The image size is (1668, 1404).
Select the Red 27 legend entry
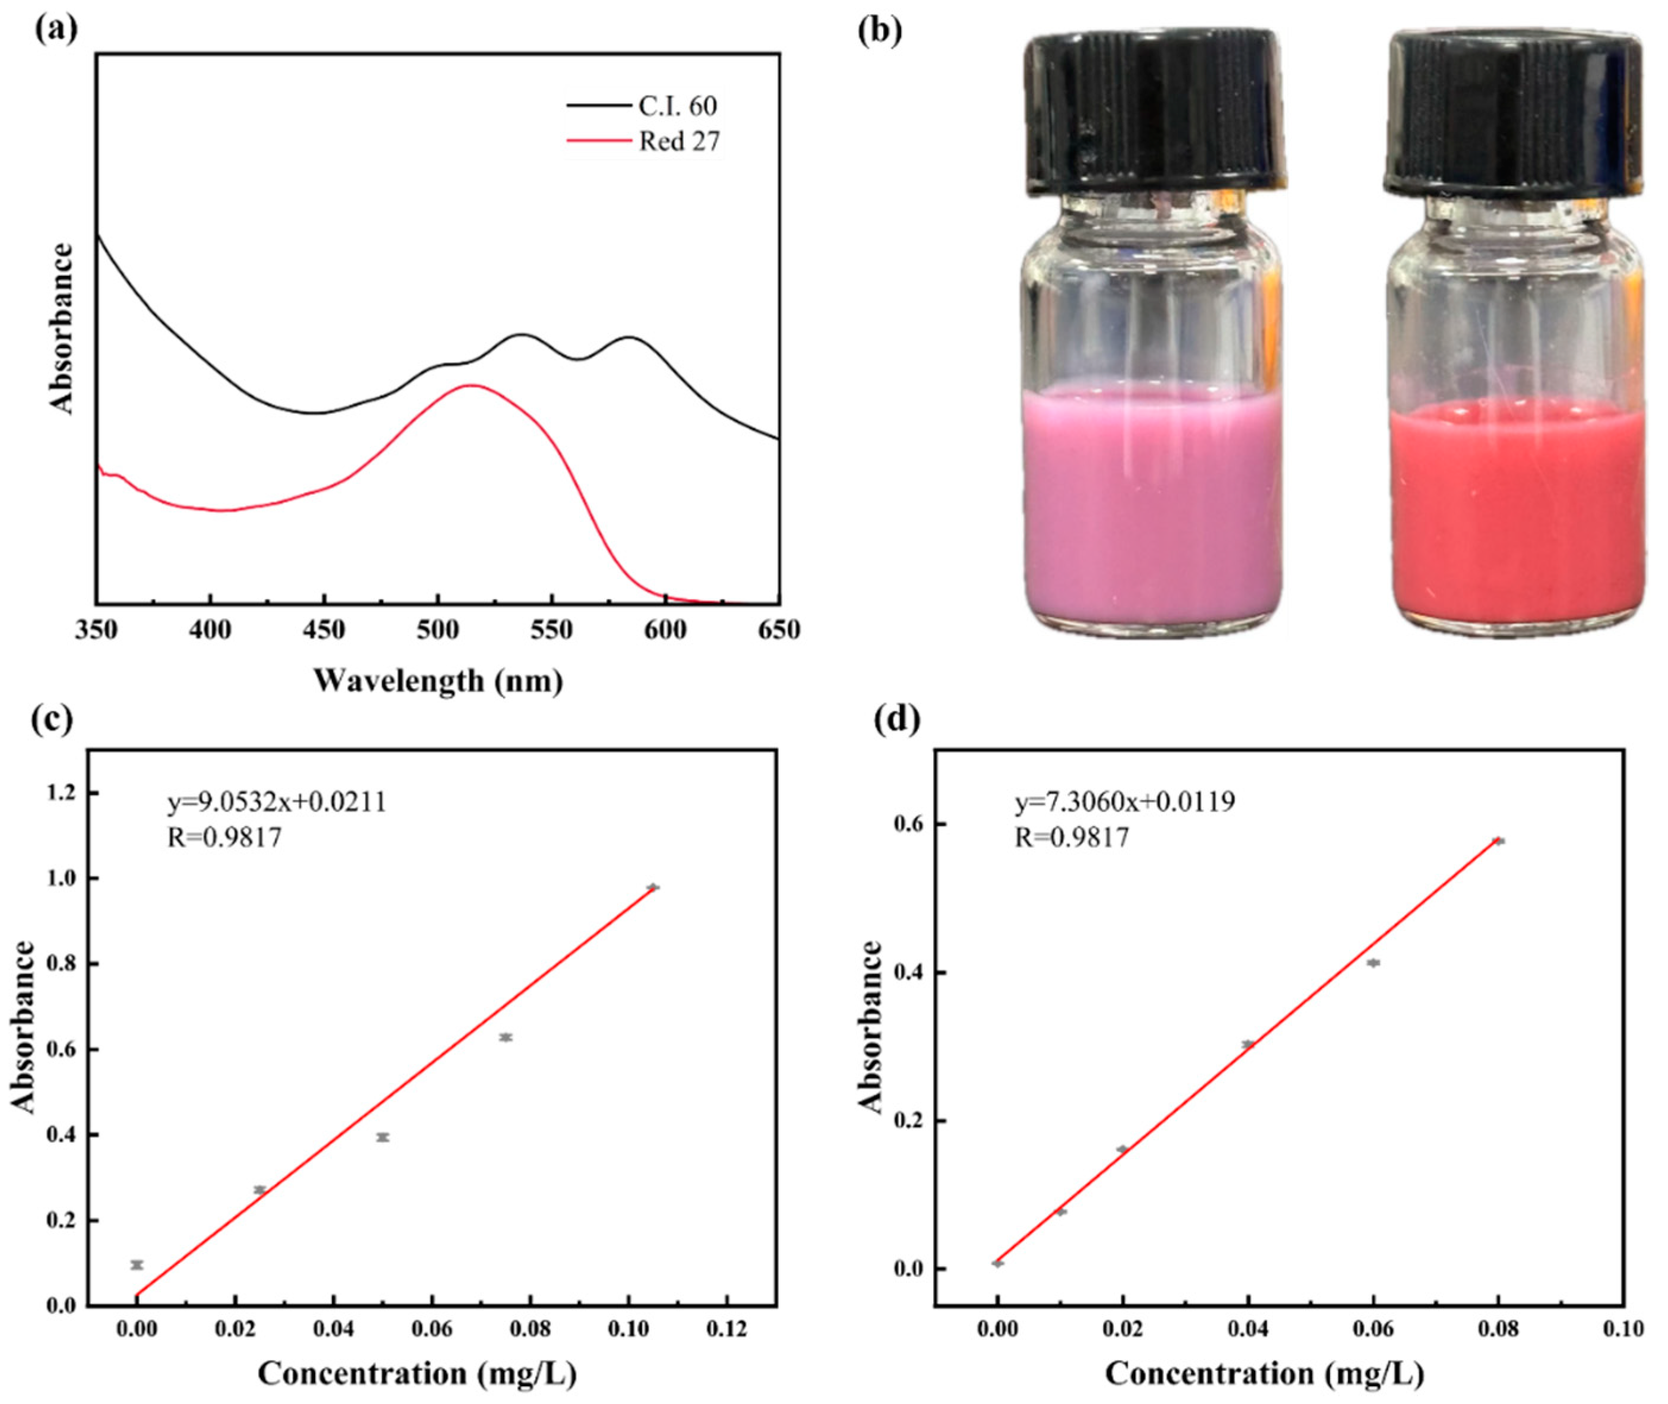[x=678, y=142]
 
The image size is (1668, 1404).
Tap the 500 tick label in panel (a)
[x=437, y=630]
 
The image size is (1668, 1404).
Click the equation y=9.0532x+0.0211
[x=276, y=802]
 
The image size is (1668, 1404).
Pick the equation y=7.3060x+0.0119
[x=1124, y=802]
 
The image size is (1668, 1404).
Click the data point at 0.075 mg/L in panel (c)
[x=506, y=1037]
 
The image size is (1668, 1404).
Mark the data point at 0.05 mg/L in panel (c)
[x=383, y=1137]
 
